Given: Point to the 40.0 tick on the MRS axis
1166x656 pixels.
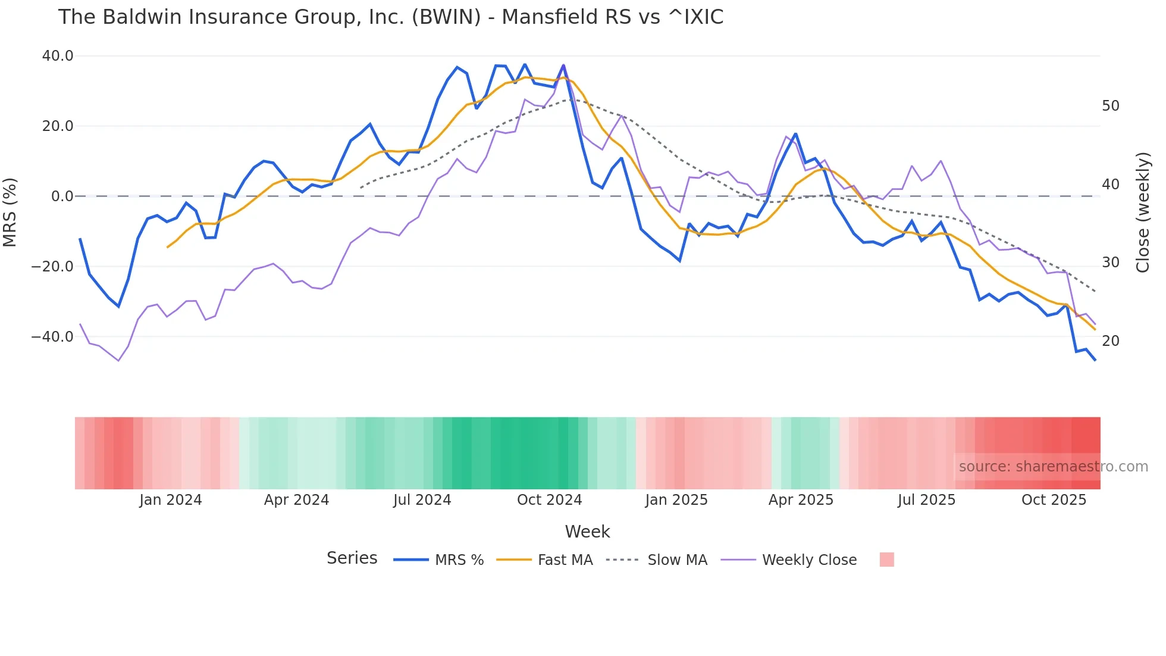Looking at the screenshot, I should click(x=58, y=56).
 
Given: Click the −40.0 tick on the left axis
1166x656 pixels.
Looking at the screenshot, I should click(x=52, y=337).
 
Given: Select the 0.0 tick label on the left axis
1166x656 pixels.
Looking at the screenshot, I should click(x=62, y=196).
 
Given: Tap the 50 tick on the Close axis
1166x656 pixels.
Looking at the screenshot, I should click(x=1110, y=106).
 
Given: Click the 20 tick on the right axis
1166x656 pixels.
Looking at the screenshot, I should click(x=1110, y=341).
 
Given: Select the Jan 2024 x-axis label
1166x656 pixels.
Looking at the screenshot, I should click(x=171, y=500).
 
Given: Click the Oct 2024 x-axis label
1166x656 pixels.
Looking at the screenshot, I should click(x=549, y=500).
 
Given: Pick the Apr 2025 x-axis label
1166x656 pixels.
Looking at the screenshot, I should click(x=801, y=500).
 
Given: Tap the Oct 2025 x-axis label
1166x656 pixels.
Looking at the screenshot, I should click(x=1054, y=500).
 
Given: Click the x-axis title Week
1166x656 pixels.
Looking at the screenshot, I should click(x=587, y=532).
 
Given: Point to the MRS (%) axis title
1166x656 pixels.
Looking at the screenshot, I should click(x=10, y=212).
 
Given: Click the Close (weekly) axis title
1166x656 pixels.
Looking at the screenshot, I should click(x=1143, y=213).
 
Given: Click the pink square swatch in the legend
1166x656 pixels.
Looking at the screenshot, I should click(x=886, y=560).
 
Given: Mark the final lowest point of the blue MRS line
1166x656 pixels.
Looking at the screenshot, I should click(x=1095, y=360).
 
